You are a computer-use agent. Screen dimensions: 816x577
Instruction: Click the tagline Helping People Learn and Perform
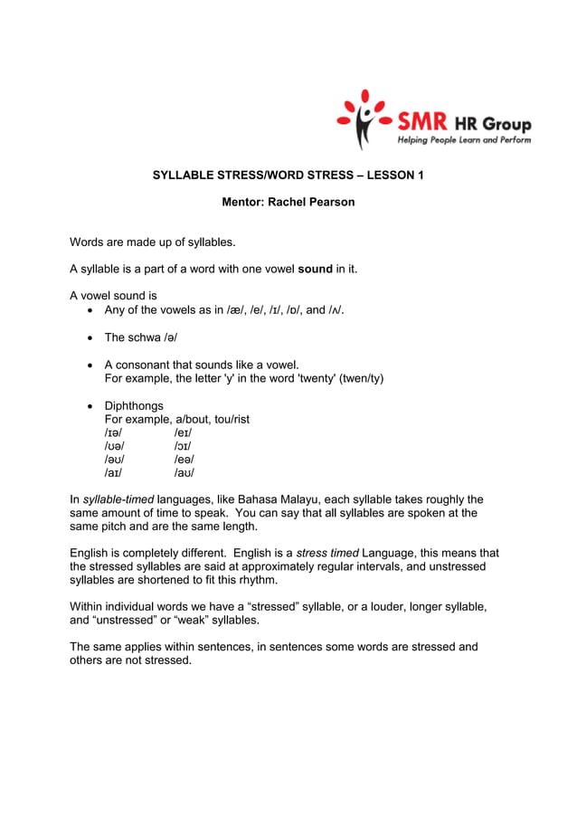[464, 140]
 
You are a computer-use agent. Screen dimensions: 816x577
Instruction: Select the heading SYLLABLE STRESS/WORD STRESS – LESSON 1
[288, 175]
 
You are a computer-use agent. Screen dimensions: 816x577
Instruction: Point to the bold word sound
[315, 269]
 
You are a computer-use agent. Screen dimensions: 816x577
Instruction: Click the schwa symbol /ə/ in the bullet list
[169, 337]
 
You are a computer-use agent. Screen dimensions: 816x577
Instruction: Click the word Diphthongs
[134, 406]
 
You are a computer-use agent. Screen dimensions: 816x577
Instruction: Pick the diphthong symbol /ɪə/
[114, 433]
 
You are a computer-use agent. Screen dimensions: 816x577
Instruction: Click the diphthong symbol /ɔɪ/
[183, 446]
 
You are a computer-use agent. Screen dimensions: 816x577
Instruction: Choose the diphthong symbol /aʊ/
[184, 472]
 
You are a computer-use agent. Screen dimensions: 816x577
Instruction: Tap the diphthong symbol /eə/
[184, 460]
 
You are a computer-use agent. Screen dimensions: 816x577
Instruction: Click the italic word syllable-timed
[118, 499]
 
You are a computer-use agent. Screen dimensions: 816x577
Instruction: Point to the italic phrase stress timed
[327, 553]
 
